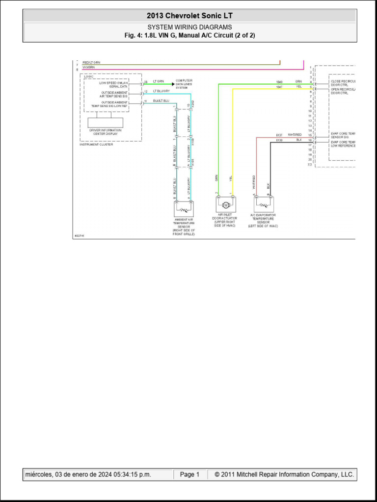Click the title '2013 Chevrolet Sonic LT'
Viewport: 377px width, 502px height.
(189, 16)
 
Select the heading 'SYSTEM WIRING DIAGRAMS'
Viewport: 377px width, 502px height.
(189, 27)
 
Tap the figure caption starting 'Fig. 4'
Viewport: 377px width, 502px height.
(189, 35)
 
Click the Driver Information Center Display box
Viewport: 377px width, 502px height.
(105, 123)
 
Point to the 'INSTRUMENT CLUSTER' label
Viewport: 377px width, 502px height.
(96, 145)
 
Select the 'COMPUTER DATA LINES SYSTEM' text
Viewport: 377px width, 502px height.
(184, 84)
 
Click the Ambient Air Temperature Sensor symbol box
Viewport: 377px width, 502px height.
(184, 209)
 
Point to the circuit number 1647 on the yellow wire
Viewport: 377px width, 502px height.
(279, 87)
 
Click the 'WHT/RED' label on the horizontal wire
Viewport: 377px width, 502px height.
(295, 134)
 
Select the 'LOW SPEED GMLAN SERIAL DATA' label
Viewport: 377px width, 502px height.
(115, 84)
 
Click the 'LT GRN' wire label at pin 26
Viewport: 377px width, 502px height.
(158, 81)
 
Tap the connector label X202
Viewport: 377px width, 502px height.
(192, 104)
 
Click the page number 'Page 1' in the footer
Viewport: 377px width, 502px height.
(189, 475)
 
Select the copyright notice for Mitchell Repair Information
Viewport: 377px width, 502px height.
(284, 475)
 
